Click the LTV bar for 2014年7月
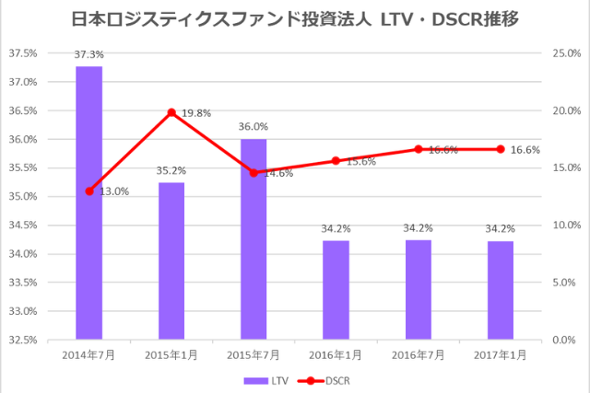(x=89, y=202)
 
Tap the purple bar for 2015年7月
(x=254, y=238)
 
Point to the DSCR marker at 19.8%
(x=171, y=112)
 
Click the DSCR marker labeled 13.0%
(x=89, y=191)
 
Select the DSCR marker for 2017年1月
(x=501, y=149)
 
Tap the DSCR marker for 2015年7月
(x=254, y=172)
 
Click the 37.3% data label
(x=89, y=55)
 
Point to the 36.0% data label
(x=254, y=127)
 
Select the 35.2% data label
(x=171, y=170)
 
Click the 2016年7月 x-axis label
(x=418, y=354)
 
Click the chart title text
(x=294, y=18)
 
